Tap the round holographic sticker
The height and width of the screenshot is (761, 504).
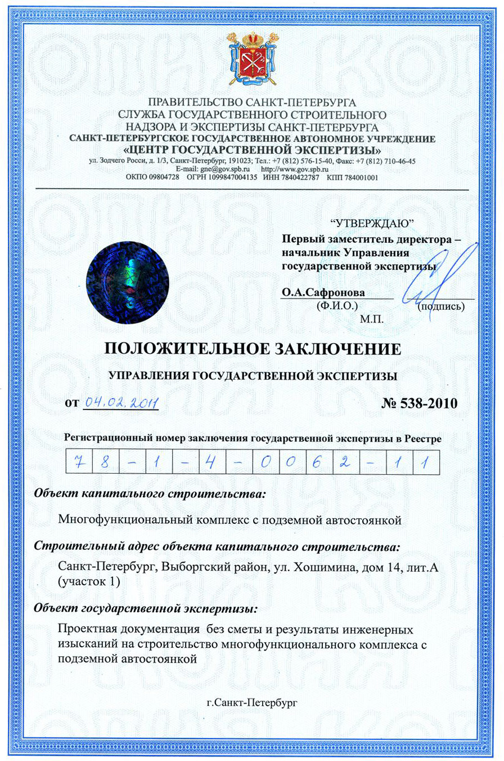(127, 280)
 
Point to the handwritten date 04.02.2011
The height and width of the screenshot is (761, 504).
(120, 402)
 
